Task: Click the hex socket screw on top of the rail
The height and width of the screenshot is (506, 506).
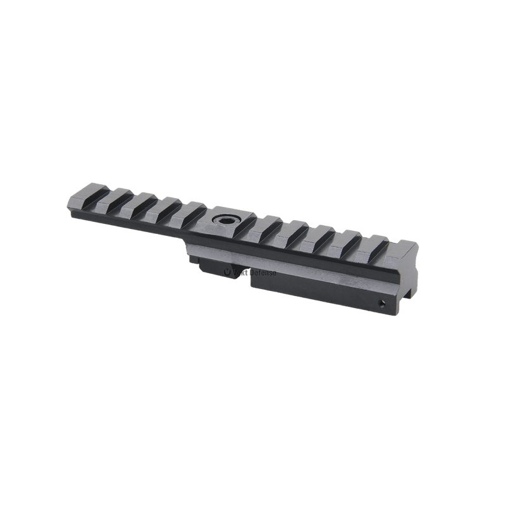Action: (x=225, y=219)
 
